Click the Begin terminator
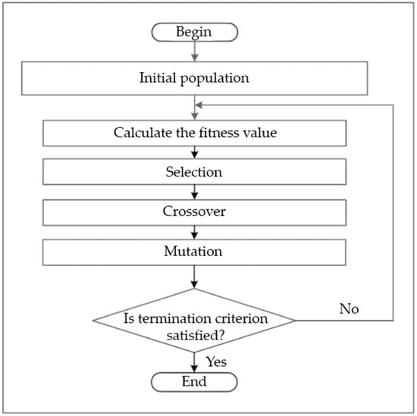195,32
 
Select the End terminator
195,382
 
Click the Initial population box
195,77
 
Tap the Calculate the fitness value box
195,133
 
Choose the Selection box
195,172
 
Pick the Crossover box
195,211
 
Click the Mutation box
195,251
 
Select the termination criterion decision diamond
195,319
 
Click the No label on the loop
349,308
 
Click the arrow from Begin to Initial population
195,52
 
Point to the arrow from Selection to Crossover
195,192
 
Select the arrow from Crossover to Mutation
195,231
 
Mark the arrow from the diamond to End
195,360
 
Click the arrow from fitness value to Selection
195,152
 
